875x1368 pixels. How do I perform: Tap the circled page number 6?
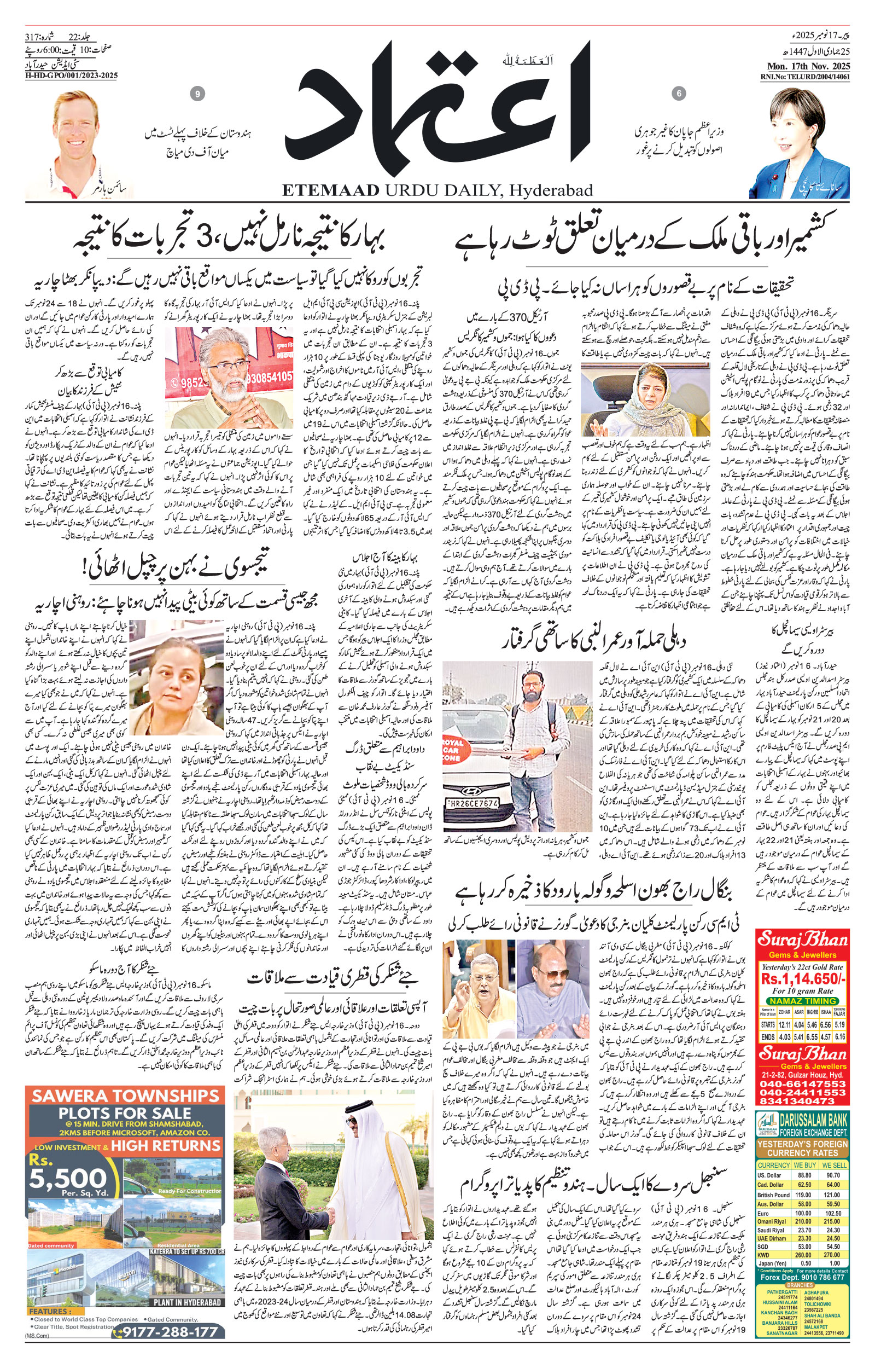coord(679,94)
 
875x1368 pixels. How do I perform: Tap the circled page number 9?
coord(197,94)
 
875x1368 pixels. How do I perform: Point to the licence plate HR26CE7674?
coord(472,803)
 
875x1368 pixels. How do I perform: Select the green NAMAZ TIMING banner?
coord(802,1000)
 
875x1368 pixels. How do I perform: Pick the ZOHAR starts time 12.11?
coord(785,1025)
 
